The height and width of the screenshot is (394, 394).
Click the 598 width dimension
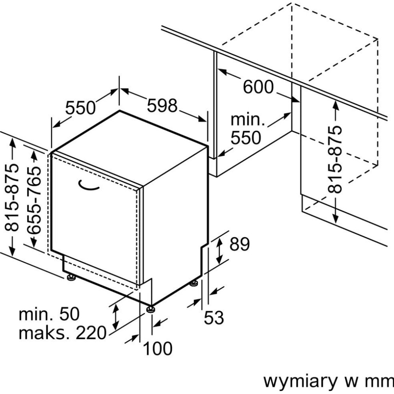pyautogui.click(x=163, y=106)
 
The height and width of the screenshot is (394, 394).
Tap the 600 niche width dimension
pyautogui.click(x=258, y=87)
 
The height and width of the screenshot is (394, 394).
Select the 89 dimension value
pyautogui.click(x=240, y=245)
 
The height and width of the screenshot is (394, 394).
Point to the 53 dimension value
pyautogui.click(x=214, y=318)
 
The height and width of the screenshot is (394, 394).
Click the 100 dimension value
pyautogui.click(x=157, y=348)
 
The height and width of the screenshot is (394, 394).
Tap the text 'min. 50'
pyautogui.click(x=49, y=314)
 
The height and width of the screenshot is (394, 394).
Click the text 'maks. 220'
pyautogui.click(x=63, y=333)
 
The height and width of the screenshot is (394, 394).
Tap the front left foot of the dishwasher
pyautogui.click(x=71, y=278)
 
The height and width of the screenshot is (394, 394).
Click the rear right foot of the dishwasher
pyautogui.click(x=194, y=283)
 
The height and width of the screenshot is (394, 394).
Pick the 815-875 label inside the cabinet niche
pyautogui.click(x=335, y=159)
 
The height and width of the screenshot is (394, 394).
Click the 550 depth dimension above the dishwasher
pyautogui.click(x=80, y=108)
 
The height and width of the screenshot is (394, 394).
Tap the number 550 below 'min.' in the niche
pyautogui.click(x=245, y=138)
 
